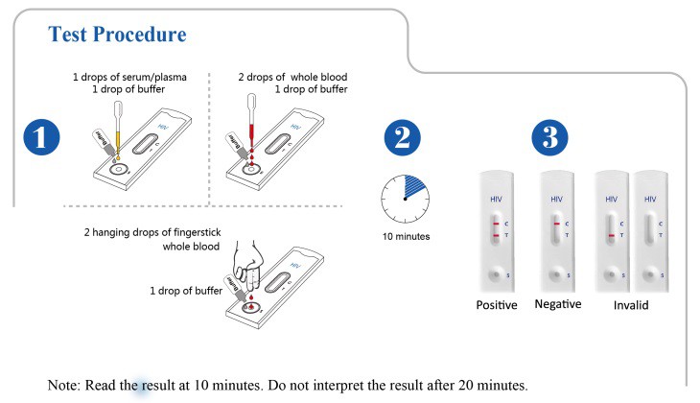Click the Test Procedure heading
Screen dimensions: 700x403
point(117,35)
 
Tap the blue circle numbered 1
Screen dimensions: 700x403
point(41,137)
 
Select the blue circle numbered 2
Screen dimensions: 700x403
point(402,137)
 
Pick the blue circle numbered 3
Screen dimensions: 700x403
point(549,137)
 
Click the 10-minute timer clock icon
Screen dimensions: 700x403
point(405,199)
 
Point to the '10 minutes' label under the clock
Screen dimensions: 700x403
point(406,236)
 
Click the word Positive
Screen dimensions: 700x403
point(497,305)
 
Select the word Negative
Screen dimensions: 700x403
point(558,304)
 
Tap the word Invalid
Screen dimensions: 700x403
point(631,305)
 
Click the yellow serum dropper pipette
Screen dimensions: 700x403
point(118,130)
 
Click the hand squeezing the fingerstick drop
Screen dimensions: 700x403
point(248,265)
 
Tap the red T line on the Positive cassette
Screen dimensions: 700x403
point(496,235)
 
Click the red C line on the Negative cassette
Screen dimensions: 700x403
point(557,224)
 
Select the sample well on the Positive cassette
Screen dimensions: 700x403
point(495,274)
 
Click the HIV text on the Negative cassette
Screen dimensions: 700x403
point(557,200)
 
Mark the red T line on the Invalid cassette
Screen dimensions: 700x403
point(612,235)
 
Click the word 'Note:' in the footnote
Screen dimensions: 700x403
point(63,385)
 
